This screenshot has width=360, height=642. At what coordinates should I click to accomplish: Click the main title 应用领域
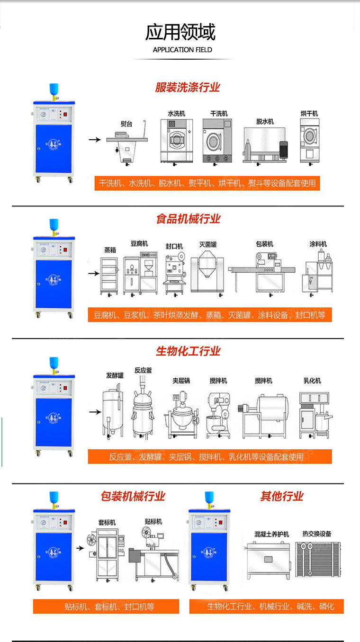coord(180,32)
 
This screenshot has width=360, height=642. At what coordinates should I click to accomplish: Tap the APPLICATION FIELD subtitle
coord(182,50)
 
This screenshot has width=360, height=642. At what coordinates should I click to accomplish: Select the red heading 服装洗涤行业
coord(188,88)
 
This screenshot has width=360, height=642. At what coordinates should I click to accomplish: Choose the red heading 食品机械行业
coord(188,219)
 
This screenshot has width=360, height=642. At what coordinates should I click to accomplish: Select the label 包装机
coord(264,244)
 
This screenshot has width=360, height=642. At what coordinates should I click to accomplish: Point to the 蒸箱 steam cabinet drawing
coord(110,276)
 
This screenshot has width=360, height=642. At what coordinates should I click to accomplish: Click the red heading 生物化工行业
coord(188,351)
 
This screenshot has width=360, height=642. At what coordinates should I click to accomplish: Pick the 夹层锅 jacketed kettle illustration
coord(180,411)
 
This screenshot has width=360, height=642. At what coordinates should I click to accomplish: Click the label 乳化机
coord(312,381)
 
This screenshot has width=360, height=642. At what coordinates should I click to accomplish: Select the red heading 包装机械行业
coord(133,496)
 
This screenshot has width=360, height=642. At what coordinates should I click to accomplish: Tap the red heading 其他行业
coord(282,496)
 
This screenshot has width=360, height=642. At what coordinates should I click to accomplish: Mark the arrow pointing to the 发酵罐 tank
coord(95,412)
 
